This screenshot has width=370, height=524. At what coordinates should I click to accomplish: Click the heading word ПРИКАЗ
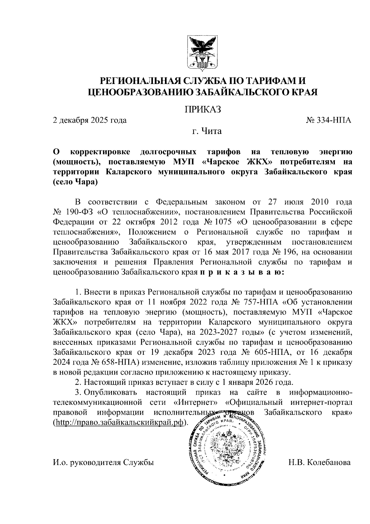pyautogui.click(x=203, y=110)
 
